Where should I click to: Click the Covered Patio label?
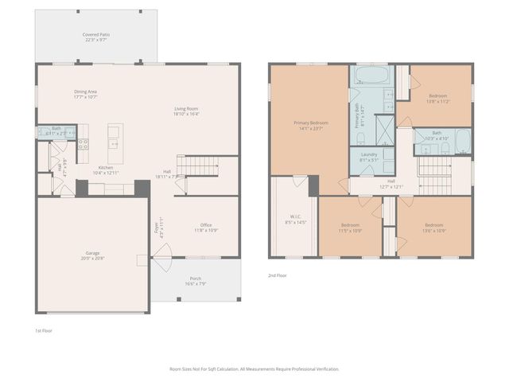click(95, 37)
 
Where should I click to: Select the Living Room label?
click(186, 111)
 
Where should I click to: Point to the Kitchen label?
click(105, 170)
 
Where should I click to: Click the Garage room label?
click(92, 255)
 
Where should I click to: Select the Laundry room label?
click(368, 157)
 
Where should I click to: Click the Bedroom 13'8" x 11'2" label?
click(438, 99)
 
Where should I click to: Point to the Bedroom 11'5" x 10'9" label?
click(350, 228)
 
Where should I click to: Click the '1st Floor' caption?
click(43, 329)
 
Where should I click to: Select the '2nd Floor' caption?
click(278, 275)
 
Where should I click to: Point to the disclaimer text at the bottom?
click(254, 369)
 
